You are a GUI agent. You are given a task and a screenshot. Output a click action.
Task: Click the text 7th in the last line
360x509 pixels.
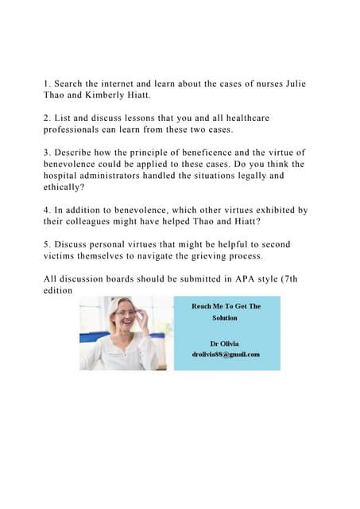point(296,278)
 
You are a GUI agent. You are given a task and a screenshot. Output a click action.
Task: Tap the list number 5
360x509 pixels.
point(46,243)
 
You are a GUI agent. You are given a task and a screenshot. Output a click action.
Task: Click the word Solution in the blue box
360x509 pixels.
point(225,317)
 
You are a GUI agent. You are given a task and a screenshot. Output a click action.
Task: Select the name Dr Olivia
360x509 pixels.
point(226,343)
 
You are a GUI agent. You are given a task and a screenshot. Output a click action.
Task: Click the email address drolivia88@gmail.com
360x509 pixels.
point(226,354)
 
